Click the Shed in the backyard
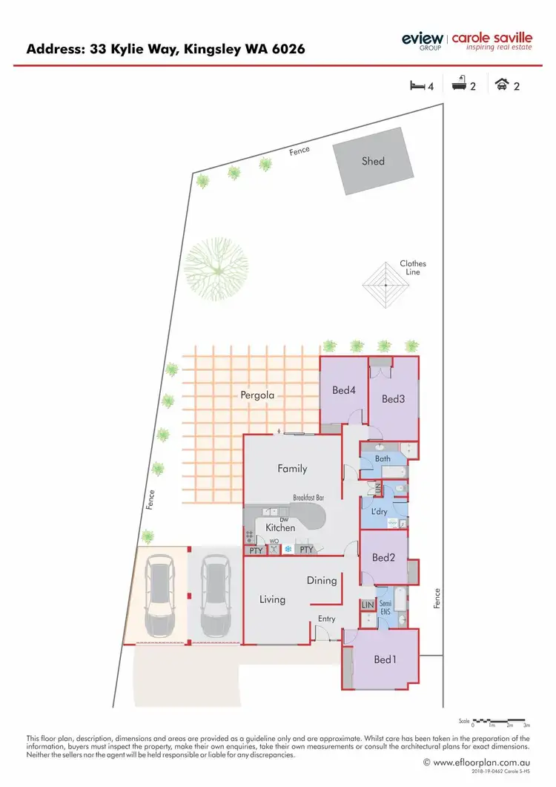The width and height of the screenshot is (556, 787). [x=373, y=160]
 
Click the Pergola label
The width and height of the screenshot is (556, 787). [x=257, y=395]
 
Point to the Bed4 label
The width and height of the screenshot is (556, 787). [x=344, y=390]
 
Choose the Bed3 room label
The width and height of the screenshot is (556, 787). [x=393, y=399]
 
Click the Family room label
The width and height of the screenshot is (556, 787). [x=292, y=469]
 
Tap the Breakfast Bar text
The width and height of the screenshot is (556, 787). [x=309, y=498]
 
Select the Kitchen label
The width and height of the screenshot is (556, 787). [x=280, y=527]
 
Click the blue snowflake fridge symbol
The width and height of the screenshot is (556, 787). [x=286, y=550]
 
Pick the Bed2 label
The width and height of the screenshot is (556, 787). [x=383, y=558]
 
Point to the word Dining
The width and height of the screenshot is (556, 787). [x=322, y=581]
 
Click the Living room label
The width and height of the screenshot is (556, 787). [x=272, y=599]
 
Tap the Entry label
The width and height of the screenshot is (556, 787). [x=326, y=619]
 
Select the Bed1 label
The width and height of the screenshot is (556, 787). [x=383, y=659]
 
